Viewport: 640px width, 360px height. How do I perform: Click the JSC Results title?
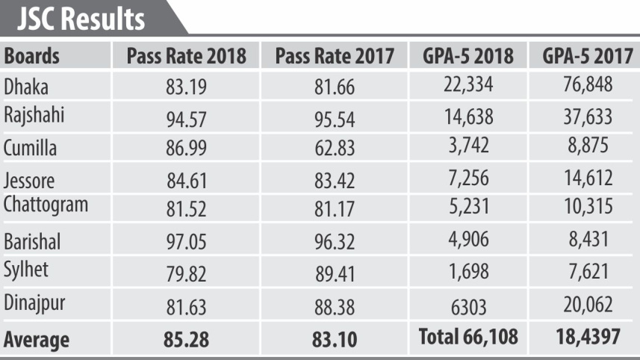(x=81, y=19)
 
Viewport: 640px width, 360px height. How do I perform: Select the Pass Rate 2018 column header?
(x=186, y=57)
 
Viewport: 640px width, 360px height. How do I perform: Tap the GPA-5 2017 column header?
(x=584, y=57)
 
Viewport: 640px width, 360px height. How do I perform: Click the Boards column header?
(x=32, y=57)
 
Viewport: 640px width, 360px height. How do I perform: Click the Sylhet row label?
(x=26, y=270)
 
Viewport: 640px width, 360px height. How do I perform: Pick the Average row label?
(x=37, y=340)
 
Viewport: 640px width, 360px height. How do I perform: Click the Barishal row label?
(x=31, y=241)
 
